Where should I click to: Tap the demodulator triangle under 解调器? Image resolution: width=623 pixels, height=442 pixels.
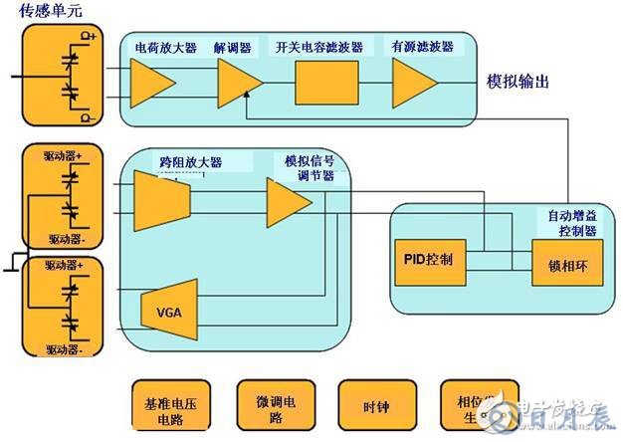[x=237, y=81]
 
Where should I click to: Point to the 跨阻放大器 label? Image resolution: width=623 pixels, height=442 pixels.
[x=190, y=161]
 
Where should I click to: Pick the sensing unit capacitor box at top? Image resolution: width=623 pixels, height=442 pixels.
[x=67, y=73]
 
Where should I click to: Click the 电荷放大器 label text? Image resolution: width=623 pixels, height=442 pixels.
[x=166, y=47]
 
